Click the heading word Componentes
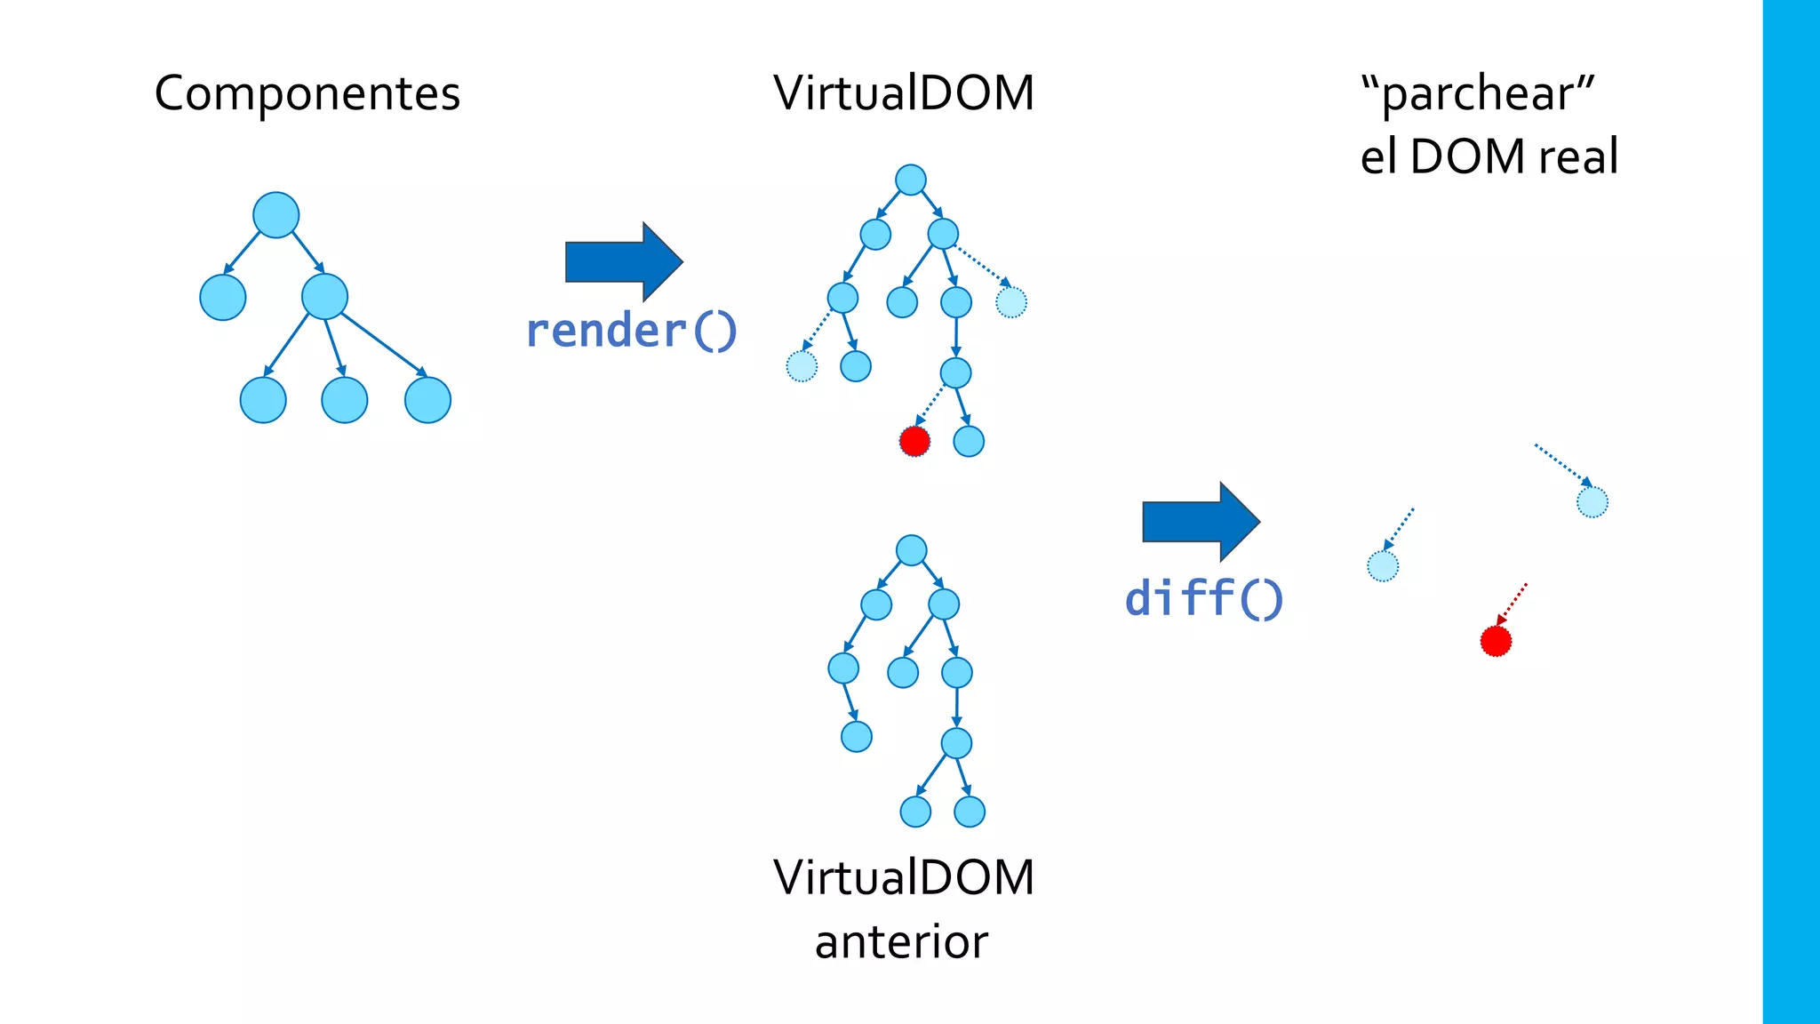[307, 93]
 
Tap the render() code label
[632, 331]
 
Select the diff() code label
[1204, 598]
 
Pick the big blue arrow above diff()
[1201, 522]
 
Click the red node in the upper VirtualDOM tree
[914, 441]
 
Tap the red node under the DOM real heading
[1496, 641]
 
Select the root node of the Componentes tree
[276, 215]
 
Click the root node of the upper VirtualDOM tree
[911, 180]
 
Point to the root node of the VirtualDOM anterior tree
[912, 550]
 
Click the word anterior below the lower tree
[901, 942]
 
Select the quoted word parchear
[1479, 93]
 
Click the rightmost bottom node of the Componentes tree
[427, 400]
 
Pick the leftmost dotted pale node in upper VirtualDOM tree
[802, 366]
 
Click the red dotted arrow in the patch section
[1513, 604]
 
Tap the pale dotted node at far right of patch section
[1592, 502]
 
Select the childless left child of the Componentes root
[223, 297]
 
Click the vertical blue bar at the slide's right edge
[1791, 512]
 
